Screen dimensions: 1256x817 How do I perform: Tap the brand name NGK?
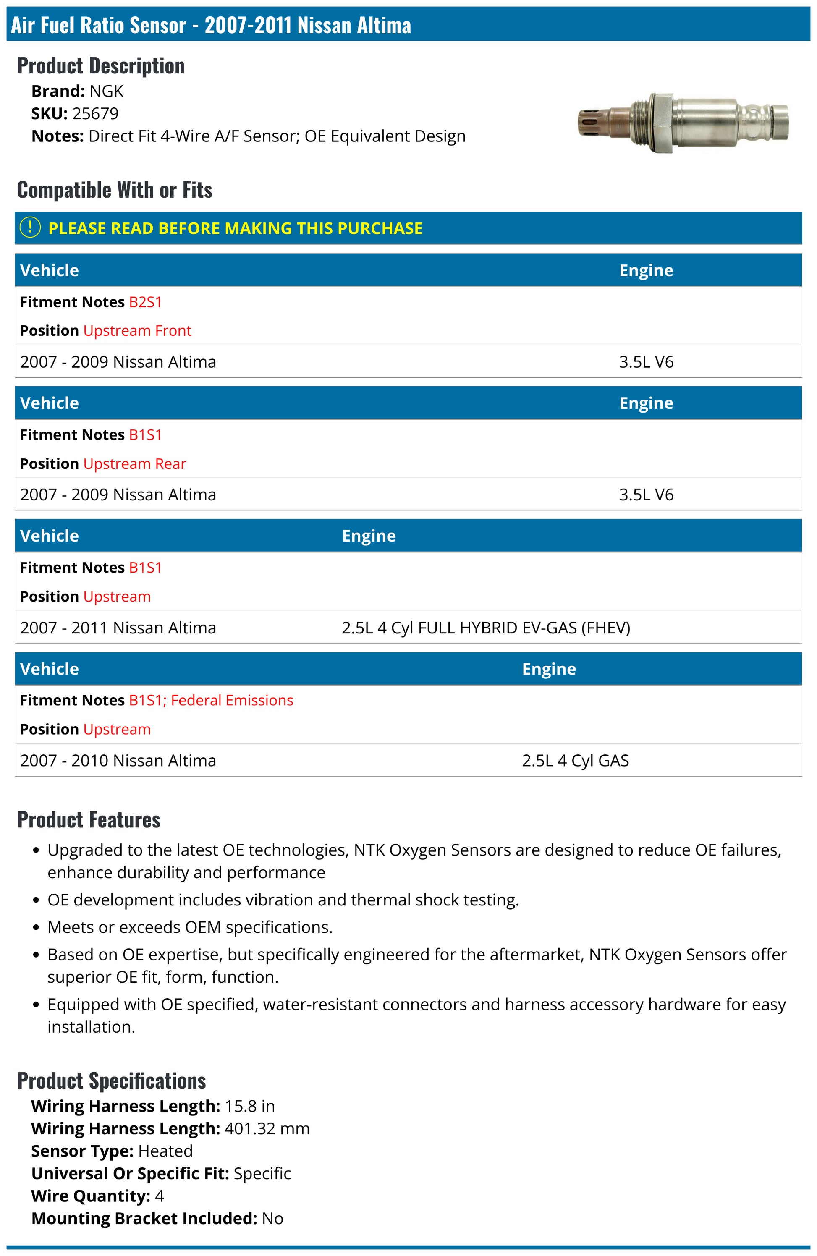(106, 91)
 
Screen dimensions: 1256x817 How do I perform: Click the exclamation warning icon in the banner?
(30, 228)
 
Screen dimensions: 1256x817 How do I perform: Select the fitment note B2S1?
(145, 302)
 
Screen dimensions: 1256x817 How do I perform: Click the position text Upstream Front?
(137, 330)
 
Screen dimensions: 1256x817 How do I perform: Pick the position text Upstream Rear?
(135, 463)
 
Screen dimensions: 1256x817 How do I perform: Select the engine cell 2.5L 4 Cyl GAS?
(575, 761)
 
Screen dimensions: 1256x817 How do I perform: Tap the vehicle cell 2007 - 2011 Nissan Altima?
(118, 628)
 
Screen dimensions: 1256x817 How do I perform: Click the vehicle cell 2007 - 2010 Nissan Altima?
(118, 761)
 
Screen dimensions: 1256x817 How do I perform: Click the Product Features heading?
(89, 819)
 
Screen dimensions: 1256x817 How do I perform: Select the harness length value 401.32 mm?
(267, 1128)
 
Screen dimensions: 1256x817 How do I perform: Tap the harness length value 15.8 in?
(250, 1106)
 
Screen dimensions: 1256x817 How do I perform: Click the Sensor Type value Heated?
(165, 1151)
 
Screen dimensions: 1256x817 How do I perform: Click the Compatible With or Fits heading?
(115, 190)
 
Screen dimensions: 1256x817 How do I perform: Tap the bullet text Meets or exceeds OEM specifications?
(190, 927)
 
